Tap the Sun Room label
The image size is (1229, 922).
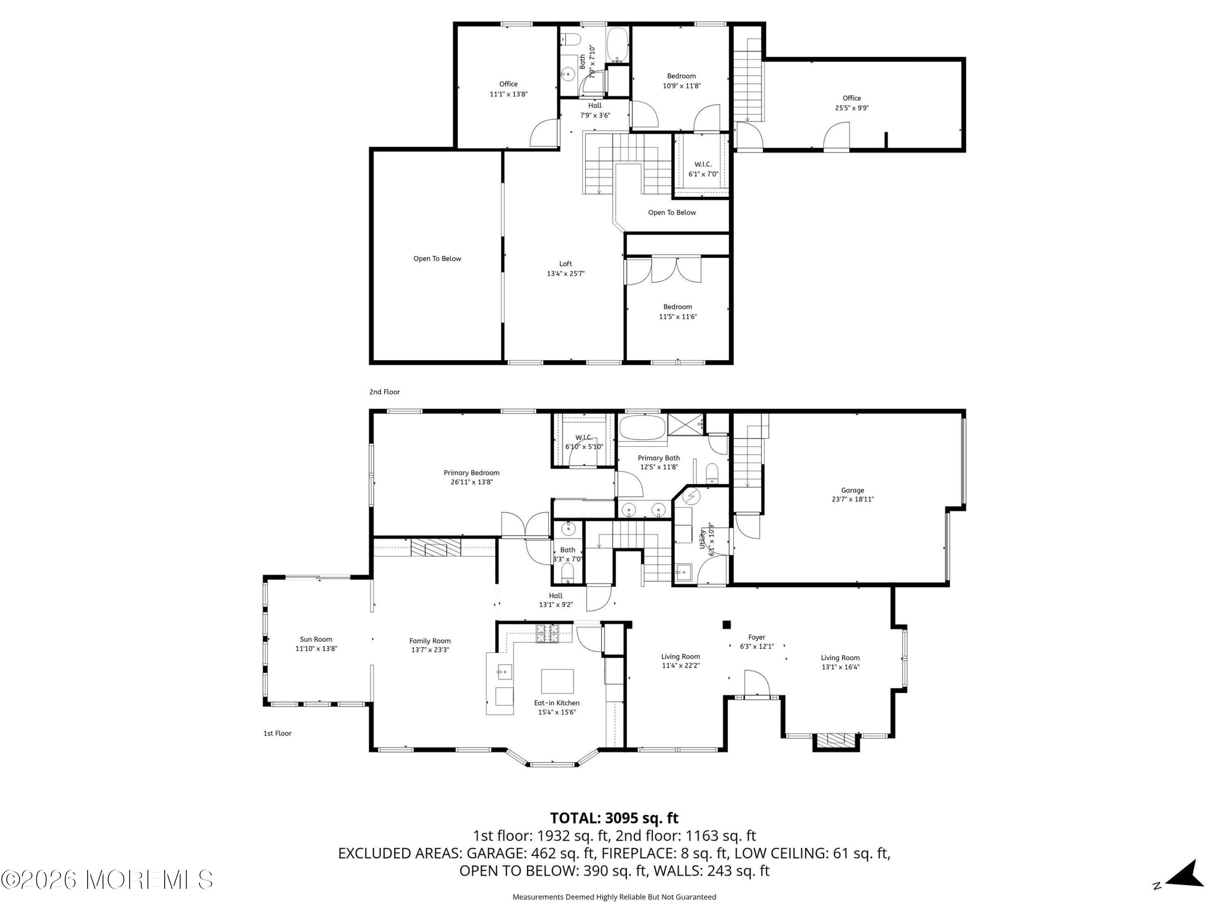point(316,639)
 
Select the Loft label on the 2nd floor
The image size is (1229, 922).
point(566,263)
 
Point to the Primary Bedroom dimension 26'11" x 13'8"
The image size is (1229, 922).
point(472,482)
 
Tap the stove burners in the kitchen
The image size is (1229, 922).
point(547,634)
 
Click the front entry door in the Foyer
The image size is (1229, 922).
point(757,683)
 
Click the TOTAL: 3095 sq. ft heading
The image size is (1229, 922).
point(614,818)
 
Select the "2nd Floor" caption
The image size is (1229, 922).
point(385,392)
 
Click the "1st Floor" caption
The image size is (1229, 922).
point(277,733)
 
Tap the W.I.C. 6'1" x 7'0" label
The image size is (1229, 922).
point(703,169)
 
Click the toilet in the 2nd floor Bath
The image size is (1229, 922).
point(571,39)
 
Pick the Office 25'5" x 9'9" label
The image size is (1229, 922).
point(852,103)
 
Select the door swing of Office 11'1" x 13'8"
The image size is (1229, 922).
point(544,133)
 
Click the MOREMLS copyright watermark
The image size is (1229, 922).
point(107,880)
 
